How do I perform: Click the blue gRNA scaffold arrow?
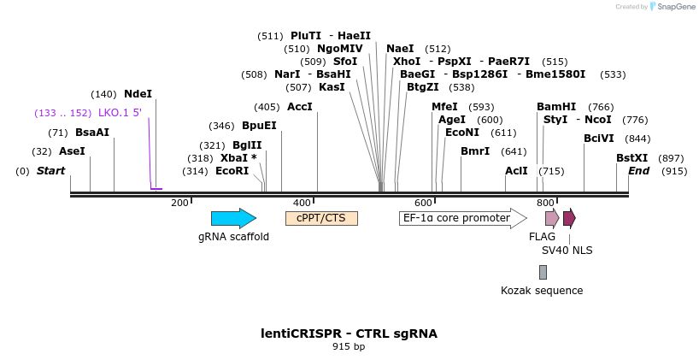coord(233,218)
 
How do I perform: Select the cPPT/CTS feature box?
coord(321,218)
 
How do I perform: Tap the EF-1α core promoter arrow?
coord(462,218)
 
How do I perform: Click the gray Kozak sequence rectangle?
coord(543,272)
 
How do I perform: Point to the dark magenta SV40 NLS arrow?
coord(569,217)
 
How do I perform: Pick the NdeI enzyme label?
coord(138,94)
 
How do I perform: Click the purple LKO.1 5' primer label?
coord(120,113)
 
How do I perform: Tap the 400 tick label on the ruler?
coord(302,203)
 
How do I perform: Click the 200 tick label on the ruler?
coord(179,203)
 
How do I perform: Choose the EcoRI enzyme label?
coord(232,171)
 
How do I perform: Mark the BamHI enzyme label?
coord(556,107)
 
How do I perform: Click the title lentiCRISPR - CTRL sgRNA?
coord(349,333)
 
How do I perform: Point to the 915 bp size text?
coord(349,347)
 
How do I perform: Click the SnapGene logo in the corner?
coord(671,7)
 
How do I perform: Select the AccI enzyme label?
coord(300,107)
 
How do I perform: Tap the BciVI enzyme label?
coord(599,139)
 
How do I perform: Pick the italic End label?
coord(639,171)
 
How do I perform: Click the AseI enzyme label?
coord(72,151)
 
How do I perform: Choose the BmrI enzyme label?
coord(475,151)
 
